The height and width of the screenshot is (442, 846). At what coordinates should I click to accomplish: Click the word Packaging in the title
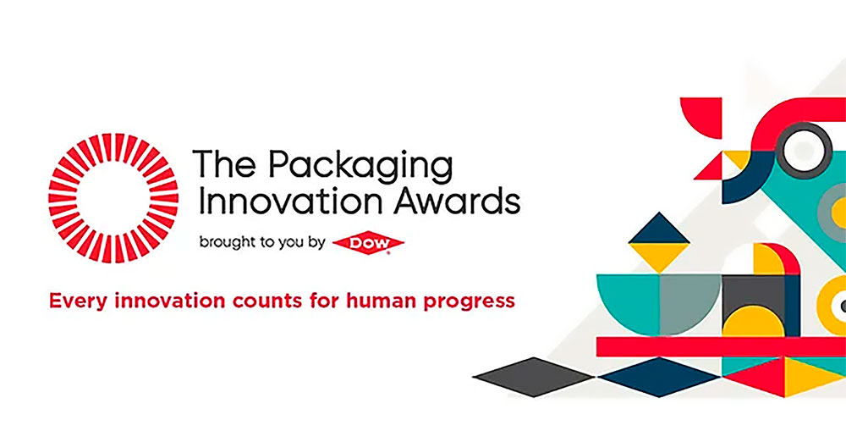(361, 168)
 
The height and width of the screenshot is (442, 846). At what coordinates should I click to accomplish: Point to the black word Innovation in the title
(294, 201)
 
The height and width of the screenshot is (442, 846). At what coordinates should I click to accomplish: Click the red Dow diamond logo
(369, 243)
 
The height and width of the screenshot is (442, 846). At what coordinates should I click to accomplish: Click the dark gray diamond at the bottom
(534, 377)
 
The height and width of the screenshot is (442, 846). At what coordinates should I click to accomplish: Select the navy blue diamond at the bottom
(659, 377)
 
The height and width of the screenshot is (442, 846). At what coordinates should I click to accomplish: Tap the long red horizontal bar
(721, 346)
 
